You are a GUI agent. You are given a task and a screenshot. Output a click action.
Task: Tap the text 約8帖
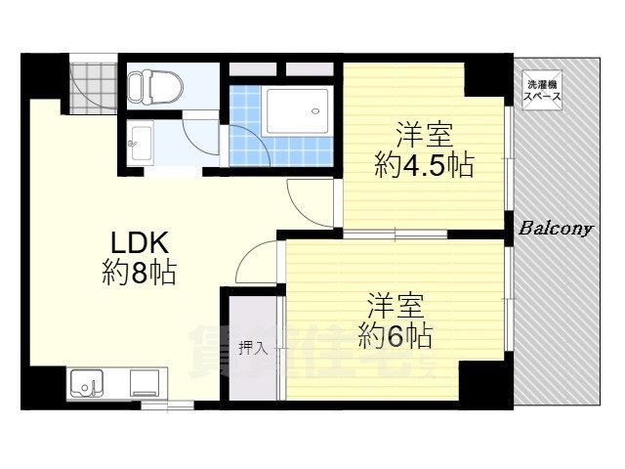pos(139,274)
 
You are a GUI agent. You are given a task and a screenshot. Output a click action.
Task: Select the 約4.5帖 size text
pos(423,164)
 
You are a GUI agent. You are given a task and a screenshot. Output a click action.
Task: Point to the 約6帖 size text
pos(396,336)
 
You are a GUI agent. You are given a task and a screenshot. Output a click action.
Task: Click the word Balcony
pos(556,230)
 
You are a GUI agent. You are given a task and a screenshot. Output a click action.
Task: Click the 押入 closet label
pos(252,347)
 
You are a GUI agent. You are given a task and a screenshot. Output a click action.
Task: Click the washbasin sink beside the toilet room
pos(139,146)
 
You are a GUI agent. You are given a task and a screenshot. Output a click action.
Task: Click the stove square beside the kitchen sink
pos(146,383)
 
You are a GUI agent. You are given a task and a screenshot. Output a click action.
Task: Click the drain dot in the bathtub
pos(315,110)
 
